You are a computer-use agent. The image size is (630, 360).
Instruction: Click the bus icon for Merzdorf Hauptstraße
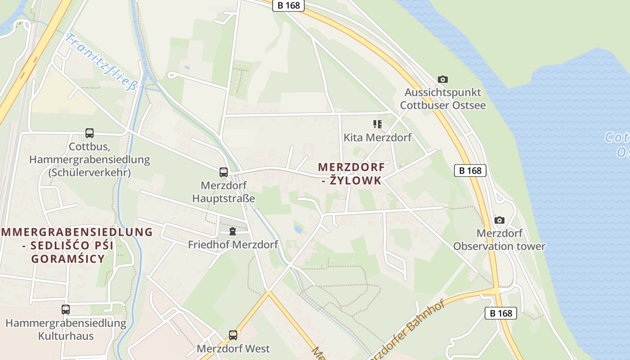click(x=224, y=172)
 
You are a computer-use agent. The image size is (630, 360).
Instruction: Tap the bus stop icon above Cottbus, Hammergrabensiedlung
click(x=90, y=133)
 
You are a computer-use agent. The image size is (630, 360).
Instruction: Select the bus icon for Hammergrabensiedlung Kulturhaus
click(x=66, y=310)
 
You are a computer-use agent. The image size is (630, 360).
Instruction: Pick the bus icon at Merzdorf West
click(x=233, y=335)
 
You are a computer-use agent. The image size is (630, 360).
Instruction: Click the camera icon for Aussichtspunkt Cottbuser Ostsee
click(x=443, y=79)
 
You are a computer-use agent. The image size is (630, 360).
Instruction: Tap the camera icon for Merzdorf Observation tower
click(x=499, y=220)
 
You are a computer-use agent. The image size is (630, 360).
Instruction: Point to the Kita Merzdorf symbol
click(x=377, y=124)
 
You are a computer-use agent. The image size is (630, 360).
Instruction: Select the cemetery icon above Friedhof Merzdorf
click(x=233, y=232)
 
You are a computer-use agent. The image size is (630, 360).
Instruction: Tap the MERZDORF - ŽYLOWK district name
click(x=351, y=174)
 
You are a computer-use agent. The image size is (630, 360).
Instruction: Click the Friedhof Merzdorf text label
click(x=233, y=245)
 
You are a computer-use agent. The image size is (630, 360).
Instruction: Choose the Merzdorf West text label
click(x=233, y=348)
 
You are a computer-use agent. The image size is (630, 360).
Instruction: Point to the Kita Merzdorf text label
click(x=377, y=137)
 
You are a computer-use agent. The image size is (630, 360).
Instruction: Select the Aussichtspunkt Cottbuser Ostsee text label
click(x=443, y=99)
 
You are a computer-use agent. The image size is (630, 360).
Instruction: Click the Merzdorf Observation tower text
click(x=499, y=240)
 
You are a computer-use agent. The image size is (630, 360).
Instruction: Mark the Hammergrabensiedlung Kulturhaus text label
click(x=66, y=329)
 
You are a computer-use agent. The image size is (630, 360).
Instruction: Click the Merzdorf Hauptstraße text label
click(x=224, y=192)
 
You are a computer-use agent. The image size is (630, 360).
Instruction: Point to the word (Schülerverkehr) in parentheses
click(x=90, y=172)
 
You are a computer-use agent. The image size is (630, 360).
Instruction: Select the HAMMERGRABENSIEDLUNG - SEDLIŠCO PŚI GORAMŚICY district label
click(x=72, y=245)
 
